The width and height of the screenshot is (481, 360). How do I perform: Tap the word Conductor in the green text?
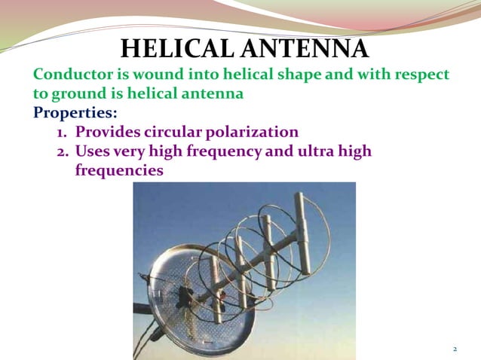click(x=74, y=75)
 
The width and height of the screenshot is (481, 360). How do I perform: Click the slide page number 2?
click(x=455, y=349)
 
